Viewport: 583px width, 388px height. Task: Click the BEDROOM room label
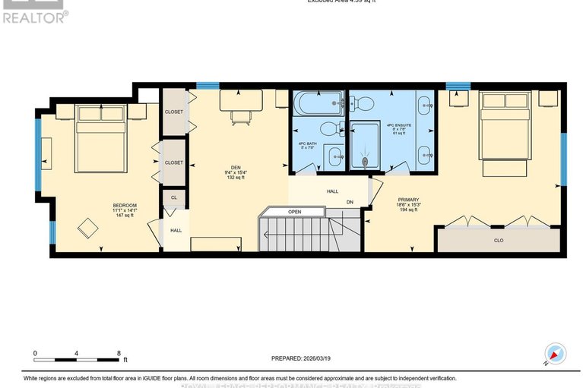[x=103, y=205]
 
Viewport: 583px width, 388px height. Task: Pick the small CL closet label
[x=173, y=198]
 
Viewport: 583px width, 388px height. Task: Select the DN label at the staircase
[x=350, y=202]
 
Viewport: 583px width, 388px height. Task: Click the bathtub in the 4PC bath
[x=317, y=103]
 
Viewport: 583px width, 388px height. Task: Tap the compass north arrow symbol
[x=554, y=354]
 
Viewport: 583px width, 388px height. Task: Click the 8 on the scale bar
[x=119, y=353]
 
